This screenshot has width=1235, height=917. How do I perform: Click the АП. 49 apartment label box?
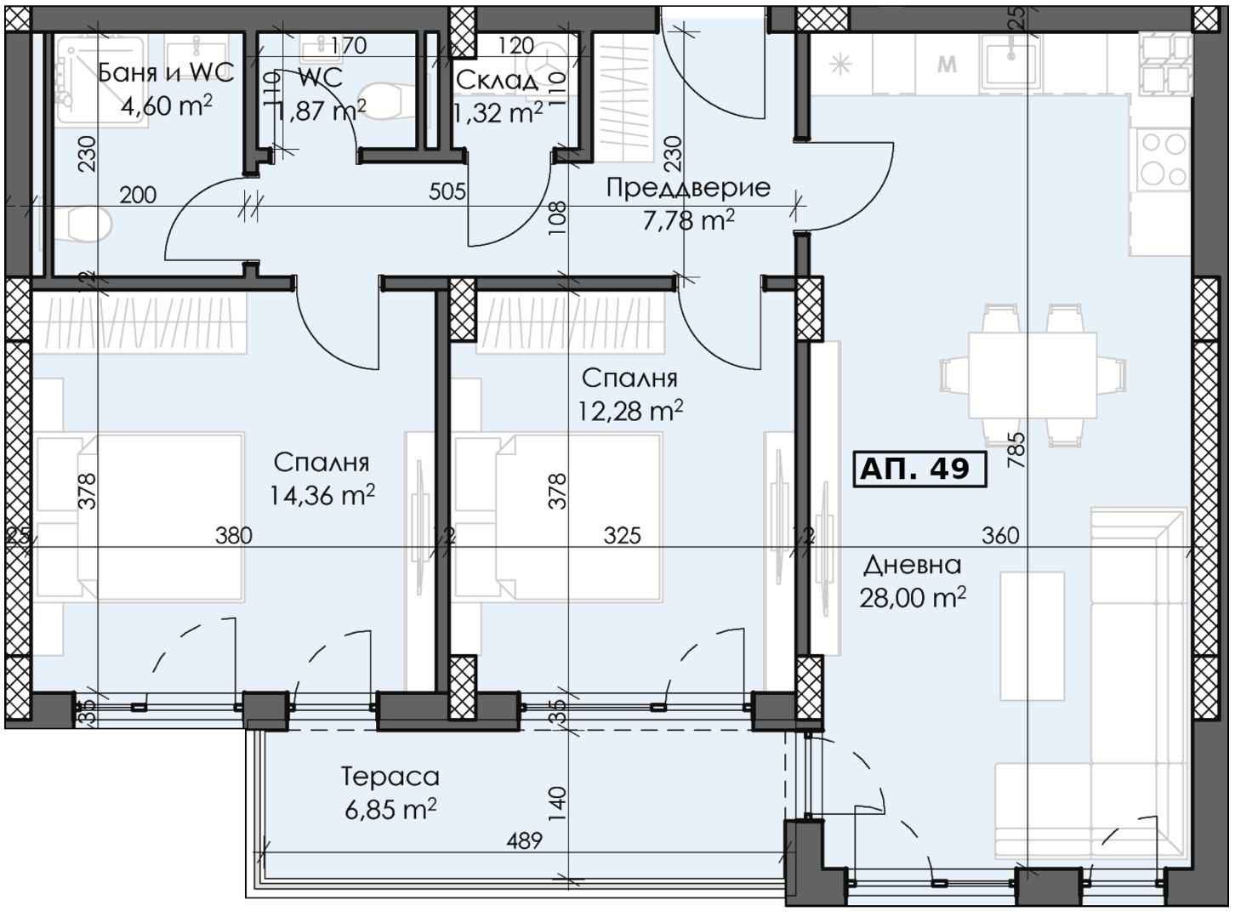coord(919,469)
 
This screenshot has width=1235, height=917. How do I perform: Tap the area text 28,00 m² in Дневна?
coord(912,598)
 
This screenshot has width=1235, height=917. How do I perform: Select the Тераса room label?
coord(390,777)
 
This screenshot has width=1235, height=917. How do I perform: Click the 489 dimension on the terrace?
coord(524,840)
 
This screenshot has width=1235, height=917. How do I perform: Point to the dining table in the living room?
coord(1033,375)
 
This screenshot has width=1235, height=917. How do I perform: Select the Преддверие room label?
coord(688,187)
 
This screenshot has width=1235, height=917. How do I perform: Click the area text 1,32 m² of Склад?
coord(498,112)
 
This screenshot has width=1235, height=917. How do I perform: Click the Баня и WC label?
coord(166,72)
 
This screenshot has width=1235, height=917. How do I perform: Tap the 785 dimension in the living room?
coord(1016,449)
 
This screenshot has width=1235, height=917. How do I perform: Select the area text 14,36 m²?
coord(322,495)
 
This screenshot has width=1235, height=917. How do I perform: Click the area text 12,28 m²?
coord(630,411)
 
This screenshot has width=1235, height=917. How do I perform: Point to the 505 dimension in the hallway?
coord(447,191)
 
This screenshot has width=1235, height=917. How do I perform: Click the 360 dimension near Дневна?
coord(1000,535)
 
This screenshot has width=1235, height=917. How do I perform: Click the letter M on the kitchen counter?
coord(946,64)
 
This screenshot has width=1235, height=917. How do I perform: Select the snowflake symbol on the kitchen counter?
coord(840,64)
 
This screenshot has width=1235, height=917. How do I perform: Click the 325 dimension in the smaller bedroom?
coord(622,535)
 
